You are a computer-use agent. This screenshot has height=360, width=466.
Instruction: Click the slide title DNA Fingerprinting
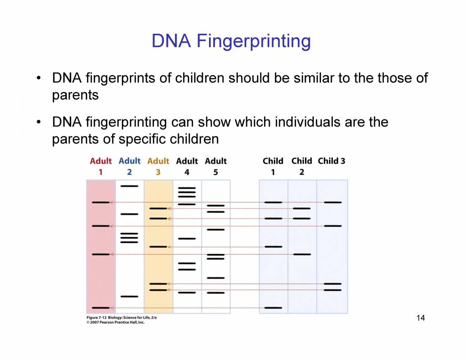click(231, 40)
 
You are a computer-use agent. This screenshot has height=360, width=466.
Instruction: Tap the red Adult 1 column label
click(101, 166)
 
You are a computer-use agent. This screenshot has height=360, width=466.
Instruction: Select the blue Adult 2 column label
click(129, 166)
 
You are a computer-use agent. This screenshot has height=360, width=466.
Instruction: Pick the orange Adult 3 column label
click(158, 166)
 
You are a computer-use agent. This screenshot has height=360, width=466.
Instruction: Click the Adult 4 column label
click(187, 166)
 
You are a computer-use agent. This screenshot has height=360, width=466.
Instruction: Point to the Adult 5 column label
click(216, 166)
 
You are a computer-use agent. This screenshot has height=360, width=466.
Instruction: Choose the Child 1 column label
click(273, 166)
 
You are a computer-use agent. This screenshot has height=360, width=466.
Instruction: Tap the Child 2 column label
click(302, 166)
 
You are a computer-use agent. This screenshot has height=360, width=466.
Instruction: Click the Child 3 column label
click(331, 161)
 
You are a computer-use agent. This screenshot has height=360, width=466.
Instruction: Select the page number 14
click(420, 318)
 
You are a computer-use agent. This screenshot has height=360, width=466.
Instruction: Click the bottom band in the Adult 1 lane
click(101, 308)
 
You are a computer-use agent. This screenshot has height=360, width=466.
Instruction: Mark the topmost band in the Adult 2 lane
click(129, 186)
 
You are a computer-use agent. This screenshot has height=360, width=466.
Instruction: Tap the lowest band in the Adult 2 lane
click(129, 296)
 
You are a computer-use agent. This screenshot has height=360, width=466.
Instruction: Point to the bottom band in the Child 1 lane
click(273, 308)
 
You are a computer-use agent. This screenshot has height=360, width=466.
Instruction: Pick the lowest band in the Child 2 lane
click(302, 254)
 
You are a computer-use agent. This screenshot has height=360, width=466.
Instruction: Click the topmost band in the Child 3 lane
click(333, 202)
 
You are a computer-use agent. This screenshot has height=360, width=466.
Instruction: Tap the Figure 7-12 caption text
click(121, 318)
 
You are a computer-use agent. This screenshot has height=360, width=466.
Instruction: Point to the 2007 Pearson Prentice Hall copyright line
click(116, 322)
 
